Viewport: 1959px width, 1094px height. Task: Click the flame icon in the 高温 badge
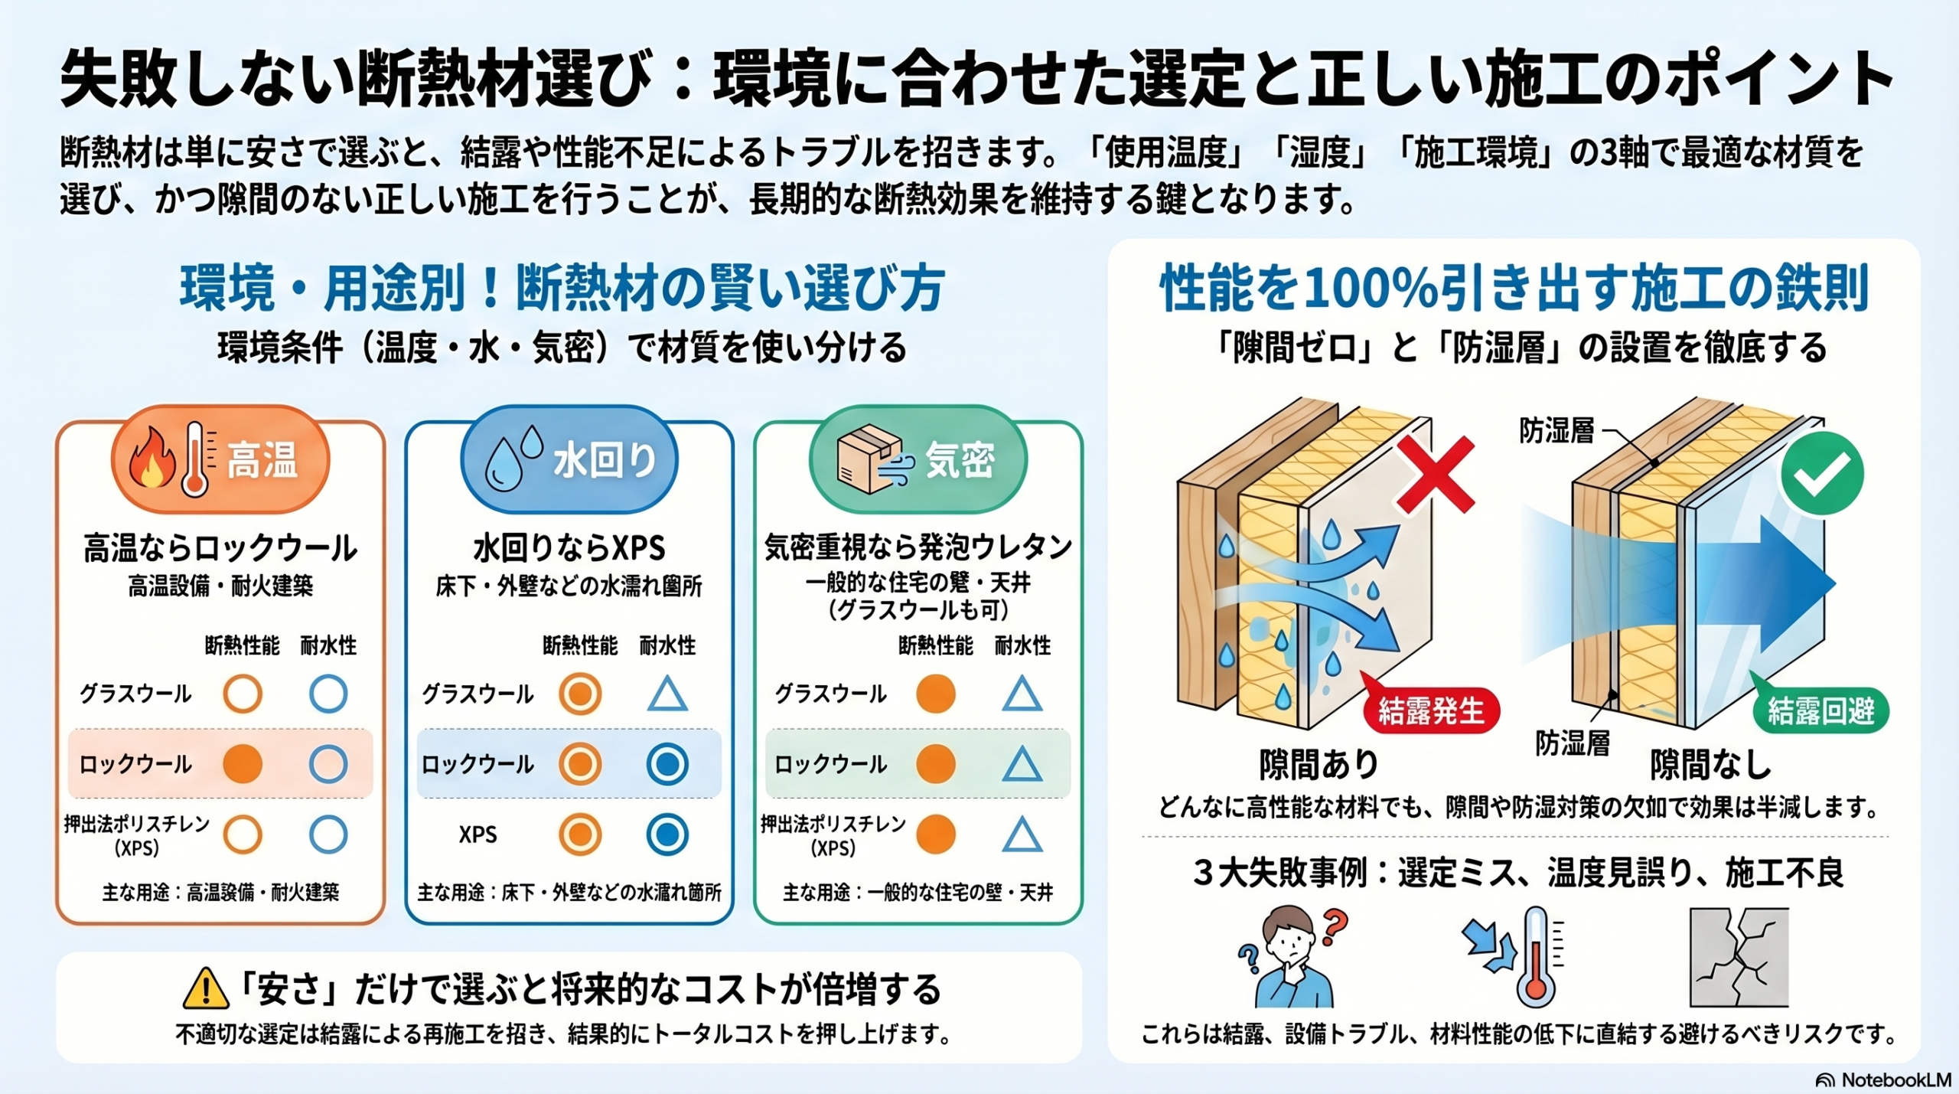coord(152,459)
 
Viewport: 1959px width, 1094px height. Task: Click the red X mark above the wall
coord(1433,475)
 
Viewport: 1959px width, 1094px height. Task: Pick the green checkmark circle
coord(1821,473)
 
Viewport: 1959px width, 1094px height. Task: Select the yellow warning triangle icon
coord(205,988)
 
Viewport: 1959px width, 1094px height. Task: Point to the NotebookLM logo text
coord(1886,1080)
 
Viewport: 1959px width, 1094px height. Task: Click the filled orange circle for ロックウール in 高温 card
coord(243,764)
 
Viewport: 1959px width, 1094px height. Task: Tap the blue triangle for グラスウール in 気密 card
coord(1022,694)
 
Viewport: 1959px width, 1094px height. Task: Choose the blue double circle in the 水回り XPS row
coord(667,834)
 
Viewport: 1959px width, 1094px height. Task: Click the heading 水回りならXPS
coord(569,548)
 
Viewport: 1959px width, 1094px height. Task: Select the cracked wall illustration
coord(1739,958)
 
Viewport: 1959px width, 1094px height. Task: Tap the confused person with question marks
coord(1292,958)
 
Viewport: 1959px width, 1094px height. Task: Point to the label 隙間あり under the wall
coord(1318,764)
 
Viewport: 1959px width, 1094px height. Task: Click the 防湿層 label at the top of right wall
coord(1556,432)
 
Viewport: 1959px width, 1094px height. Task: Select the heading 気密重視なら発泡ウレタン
coord(918,547)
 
